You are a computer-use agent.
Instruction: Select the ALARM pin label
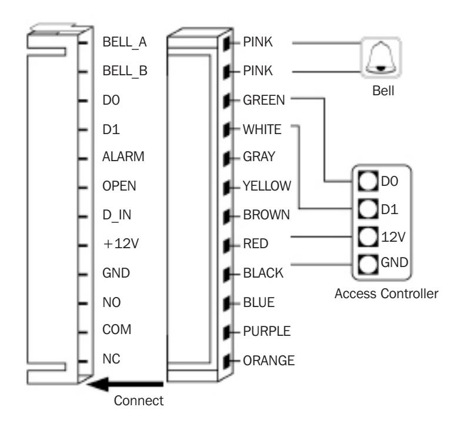[x=123, y=156]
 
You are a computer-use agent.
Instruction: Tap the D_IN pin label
[x=116, y=215]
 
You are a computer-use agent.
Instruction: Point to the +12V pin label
[x=121, y=243]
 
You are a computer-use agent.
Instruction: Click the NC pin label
[x=111, y=359]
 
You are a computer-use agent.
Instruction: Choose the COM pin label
[x=116, y=329]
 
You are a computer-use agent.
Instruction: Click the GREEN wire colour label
[x=264, y=100]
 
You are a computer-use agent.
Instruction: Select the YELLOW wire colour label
[x=267, y=186]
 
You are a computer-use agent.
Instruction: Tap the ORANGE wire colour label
[x=269, y=361]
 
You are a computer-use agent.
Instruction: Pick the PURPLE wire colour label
[x=266, y=331]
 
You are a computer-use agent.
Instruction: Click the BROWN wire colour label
[x=266, y=215]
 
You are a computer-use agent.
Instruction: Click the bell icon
[x=381, y=57]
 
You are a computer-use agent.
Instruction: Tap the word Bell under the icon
[x=383, y=91]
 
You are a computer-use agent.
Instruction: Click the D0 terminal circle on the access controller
[x=368, y=181]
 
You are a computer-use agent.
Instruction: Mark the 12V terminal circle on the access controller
[x=368, y=236]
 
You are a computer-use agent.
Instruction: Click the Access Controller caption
[x=386, y=293]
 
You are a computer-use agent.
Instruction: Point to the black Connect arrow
[x=125, y=384]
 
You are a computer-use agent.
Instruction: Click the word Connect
[x=138, y=401]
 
